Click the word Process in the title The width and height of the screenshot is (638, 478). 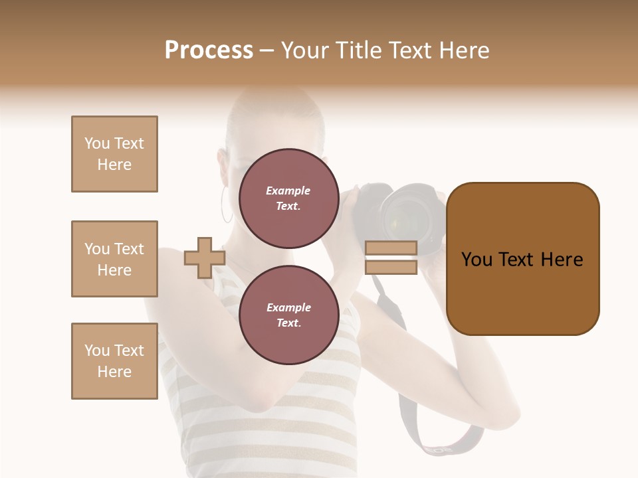click(209, 50)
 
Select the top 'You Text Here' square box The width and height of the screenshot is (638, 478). click(114, 154)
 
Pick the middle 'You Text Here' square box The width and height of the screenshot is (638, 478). click(114, 259)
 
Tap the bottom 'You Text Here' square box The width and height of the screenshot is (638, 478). click(114, 361)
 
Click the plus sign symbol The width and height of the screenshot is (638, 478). click(205, 258)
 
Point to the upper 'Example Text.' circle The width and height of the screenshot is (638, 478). click(288, 199)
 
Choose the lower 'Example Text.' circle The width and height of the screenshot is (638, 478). click(288, 315)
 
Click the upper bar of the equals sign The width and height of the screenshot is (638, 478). click(391, 248)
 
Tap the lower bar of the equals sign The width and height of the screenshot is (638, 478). click(391, 267)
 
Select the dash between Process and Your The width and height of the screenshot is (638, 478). click(266, 50)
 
